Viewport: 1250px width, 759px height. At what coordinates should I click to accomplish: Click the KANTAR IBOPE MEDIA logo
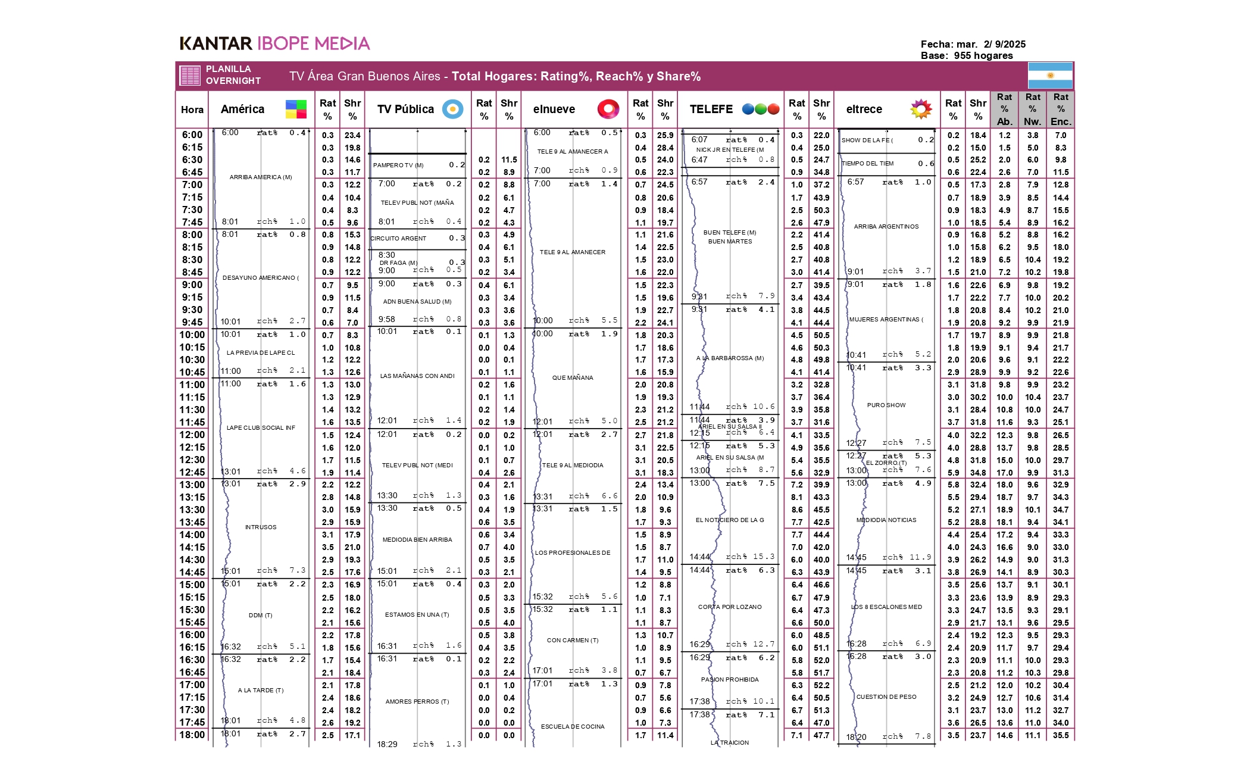[x=274, y=43]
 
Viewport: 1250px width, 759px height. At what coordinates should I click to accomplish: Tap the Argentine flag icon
[x=1050, y=76]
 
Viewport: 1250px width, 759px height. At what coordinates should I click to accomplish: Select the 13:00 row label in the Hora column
[x=192, y=485]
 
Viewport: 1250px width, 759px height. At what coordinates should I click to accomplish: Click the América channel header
[x=242, y=109]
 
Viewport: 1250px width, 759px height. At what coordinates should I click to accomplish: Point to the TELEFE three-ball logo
[x=761, y=109]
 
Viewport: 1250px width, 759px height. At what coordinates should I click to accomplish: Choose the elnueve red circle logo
[x=608, y=109]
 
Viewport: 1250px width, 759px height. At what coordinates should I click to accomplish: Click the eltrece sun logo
[x=920, y=109]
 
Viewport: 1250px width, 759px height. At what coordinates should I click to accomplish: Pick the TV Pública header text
[x=405, y=109]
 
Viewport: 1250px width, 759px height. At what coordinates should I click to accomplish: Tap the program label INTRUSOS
[x=261, y=527]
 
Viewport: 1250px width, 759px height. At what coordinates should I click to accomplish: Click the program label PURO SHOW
[x=886, y=405]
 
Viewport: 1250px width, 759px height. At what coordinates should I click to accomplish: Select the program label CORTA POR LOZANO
[x=730, y=607]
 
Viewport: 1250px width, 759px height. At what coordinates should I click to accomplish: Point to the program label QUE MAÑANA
[x=573, y=378]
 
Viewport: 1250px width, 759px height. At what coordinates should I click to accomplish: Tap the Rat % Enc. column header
[x=1061, y=110]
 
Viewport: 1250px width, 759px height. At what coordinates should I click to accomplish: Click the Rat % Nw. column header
[x=1033, y=110]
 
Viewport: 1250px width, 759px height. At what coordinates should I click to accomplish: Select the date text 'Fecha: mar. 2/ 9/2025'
[x=973, y=44]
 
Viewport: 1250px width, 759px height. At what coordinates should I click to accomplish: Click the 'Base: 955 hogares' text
[x=967, y=56]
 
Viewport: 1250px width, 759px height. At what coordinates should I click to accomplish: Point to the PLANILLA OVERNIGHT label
[x=233, y=75]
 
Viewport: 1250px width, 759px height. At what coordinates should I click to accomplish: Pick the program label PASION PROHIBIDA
[x=730, y=680]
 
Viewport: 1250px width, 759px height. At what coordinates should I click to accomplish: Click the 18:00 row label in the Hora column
[x=192, y=735]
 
